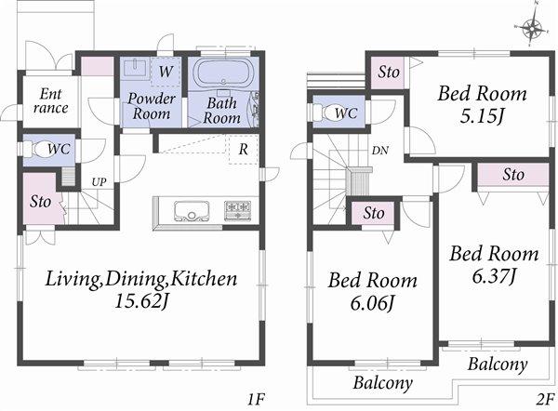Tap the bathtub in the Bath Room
click(224, 74)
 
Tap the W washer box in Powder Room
click(165, 71)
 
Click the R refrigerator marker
click(242, 149)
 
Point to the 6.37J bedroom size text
click(494, 276)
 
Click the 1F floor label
click(257, 400)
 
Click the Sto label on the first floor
click(40, 201)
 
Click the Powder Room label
click(149, 106)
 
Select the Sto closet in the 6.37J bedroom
click(512, 175)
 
